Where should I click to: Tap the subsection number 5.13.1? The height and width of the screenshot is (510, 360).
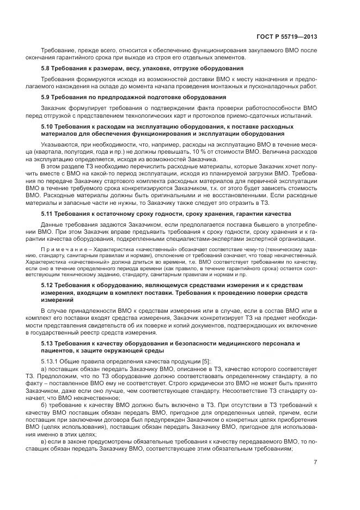(x=51, y=362)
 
